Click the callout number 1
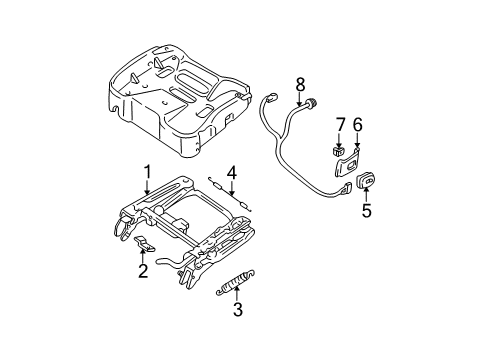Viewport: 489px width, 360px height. (146, 173)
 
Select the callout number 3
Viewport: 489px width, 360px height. (238, 338)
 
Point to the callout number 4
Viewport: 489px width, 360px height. (231, 172)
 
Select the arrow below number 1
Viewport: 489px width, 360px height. (146, 188)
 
